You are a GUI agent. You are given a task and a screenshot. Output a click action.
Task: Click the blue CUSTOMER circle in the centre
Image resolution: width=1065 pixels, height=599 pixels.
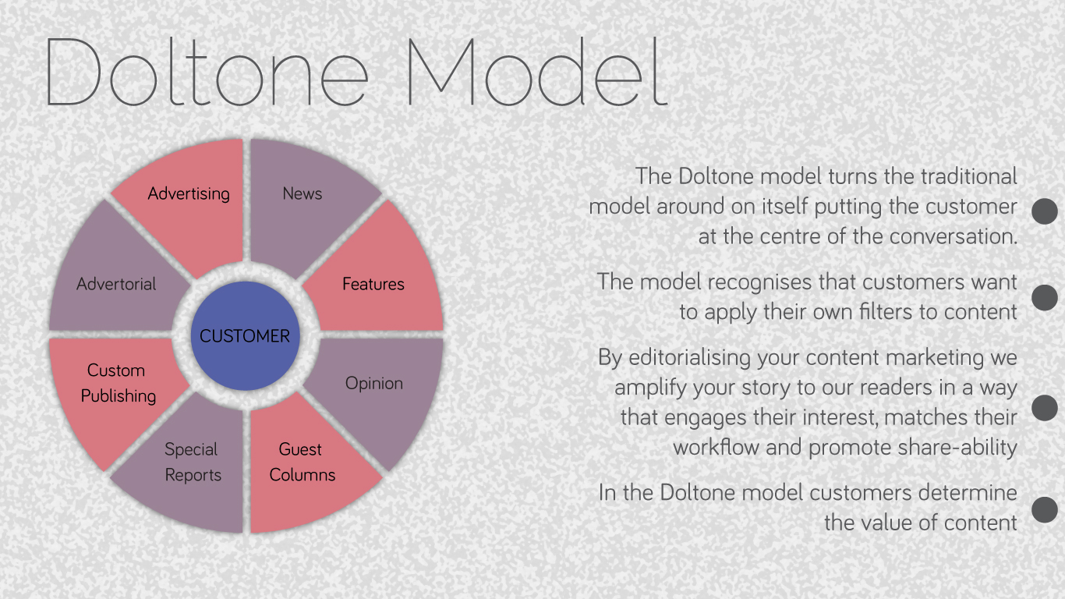(x=246, y=336)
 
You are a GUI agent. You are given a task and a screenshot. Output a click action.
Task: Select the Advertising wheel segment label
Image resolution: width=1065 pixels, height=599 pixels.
(x=189, y=193)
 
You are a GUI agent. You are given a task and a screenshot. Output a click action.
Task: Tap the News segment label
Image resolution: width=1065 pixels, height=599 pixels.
(x=303, y=193)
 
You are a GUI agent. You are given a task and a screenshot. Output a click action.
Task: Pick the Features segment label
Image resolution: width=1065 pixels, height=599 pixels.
(x=373, y=284)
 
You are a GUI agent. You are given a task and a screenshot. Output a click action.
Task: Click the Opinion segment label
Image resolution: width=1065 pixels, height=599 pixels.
(x=374, y=384)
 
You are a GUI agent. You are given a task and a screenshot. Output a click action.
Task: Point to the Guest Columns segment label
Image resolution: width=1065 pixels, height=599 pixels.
(x=303, y=462)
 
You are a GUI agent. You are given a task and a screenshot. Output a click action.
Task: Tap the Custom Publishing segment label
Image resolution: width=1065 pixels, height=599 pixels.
(x=119, y=383)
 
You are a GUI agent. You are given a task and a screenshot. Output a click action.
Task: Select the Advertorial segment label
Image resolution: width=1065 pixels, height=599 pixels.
(x=116, y=284)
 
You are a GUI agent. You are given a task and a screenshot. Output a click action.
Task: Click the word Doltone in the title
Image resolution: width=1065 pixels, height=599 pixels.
(x=207, y=72)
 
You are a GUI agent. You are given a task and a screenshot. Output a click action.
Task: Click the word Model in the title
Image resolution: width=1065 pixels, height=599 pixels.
(x=538, y=72)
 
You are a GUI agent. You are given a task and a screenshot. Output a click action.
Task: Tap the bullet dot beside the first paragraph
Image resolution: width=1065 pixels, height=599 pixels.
(x=1045, y=211)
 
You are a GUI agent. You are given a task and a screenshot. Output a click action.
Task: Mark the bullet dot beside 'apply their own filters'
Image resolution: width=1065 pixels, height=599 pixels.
(x=1045, y=298)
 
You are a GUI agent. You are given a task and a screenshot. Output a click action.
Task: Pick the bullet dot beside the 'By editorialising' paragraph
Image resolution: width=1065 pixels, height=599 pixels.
(x=1045, y=408)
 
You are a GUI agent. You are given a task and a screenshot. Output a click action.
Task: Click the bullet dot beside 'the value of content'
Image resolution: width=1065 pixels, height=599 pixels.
(x=1045, y=509)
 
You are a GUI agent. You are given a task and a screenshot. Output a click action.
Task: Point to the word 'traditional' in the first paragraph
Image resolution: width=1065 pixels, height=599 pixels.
(x=969, y=176)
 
